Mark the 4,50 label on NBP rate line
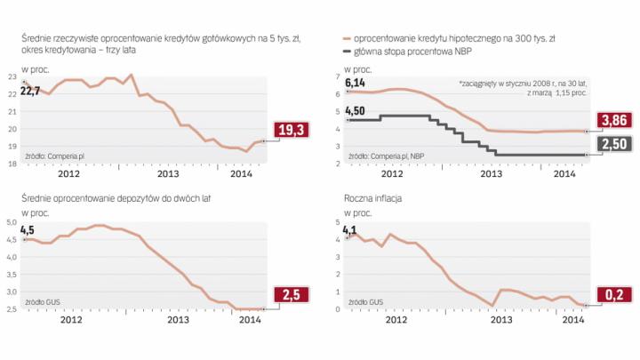pos(356,111)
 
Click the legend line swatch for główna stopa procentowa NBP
pos(346,52)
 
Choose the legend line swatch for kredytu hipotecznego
pos(346,40)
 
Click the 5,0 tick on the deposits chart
pos(13,222)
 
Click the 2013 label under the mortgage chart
pos(492,175)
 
